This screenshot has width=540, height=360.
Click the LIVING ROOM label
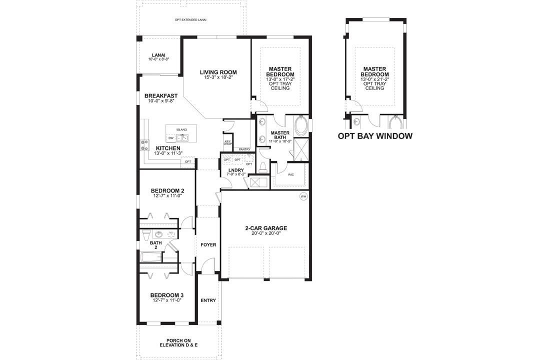tap(217, 72)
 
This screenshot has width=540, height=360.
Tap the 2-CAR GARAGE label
tap(265, 228)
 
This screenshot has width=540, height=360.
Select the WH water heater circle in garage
tap(303, 196)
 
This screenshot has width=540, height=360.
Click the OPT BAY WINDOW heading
tap(375, 136)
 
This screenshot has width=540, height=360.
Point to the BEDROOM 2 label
tap(167, 190)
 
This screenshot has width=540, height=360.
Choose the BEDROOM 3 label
tap(167, 295)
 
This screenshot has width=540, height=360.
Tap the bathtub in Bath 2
tap(150, 257)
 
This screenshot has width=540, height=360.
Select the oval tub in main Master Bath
tap(302, 125)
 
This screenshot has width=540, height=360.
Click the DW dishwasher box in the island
tap(171, 137)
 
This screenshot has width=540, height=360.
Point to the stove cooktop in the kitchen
tap(145, 145)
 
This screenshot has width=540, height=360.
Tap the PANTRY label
tap(244, 149)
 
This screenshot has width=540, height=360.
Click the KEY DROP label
tap(227, 142)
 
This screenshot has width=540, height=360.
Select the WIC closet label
tap(291, 175)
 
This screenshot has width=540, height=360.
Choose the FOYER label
tap(208, 245)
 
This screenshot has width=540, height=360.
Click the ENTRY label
tap(208, 300)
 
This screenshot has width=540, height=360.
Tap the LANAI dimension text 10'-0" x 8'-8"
tap(158, 59)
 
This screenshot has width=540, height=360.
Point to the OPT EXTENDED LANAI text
tap(190, 20)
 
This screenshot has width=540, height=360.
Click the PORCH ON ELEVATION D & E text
tap(178, 343)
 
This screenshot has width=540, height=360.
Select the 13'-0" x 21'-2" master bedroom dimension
tap(374, 79)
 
